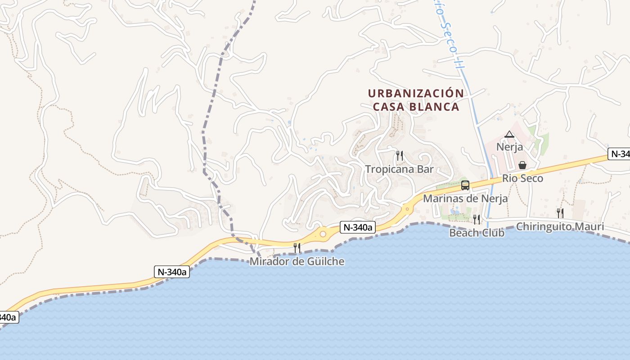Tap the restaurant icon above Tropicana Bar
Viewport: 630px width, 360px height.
(399, 156)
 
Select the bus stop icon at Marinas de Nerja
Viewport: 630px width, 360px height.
(465, 185)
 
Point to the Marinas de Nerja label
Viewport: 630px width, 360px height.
(465, 198)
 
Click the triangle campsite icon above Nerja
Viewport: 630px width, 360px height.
(509, 134)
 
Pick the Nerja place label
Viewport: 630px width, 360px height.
(509, 147)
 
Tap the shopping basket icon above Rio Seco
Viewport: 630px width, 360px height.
(522, 165)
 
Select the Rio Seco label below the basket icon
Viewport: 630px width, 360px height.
(522, 178)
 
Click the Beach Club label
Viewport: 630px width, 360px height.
(477, 233)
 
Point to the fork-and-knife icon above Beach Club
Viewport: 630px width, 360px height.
(477, 219)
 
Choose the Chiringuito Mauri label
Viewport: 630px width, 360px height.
(560, 226)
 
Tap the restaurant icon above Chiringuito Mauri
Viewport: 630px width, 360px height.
(560, 213)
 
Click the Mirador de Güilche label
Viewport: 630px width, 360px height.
(297, 261)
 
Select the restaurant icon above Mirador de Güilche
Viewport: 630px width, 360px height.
(297, 247)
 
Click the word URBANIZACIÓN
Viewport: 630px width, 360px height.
(416, 94)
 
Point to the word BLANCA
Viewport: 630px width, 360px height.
(435, 107)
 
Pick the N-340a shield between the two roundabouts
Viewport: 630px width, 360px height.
(357, 228)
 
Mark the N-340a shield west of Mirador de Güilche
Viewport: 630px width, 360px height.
(172, 272)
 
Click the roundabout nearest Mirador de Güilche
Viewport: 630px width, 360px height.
(323, 234)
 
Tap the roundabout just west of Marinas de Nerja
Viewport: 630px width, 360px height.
(407, 208)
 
